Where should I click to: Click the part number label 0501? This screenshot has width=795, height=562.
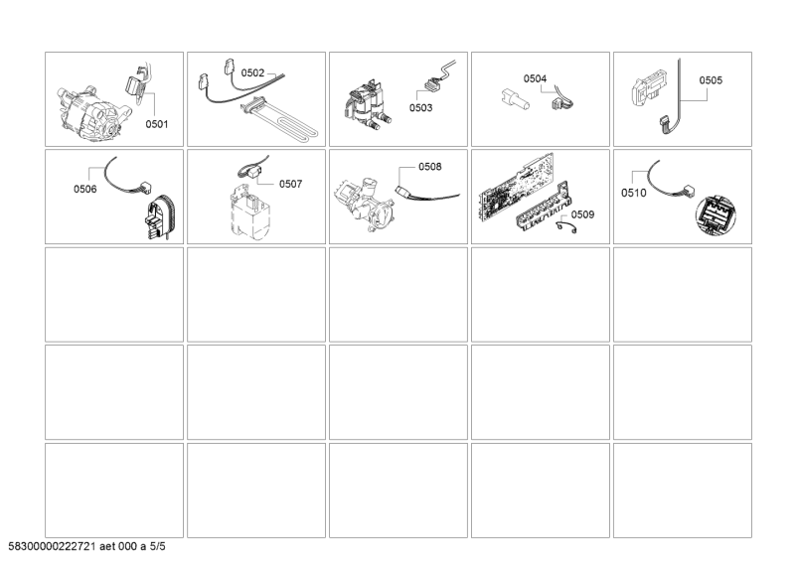[157, 124]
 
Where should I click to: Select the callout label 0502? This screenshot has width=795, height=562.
[253, 72]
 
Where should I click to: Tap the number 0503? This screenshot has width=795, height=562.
[420, 107]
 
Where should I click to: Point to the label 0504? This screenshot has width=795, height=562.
[536, 77]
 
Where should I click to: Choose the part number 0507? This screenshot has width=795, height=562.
[290, 184]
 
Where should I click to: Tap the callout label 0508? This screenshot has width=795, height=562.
[429, 167]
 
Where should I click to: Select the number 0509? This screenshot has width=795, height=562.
[583, 214]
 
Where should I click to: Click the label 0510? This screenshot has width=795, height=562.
[633, 194]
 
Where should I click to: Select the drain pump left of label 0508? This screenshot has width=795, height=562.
[369, 199]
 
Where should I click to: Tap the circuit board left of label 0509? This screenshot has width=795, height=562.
[512, 193]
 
